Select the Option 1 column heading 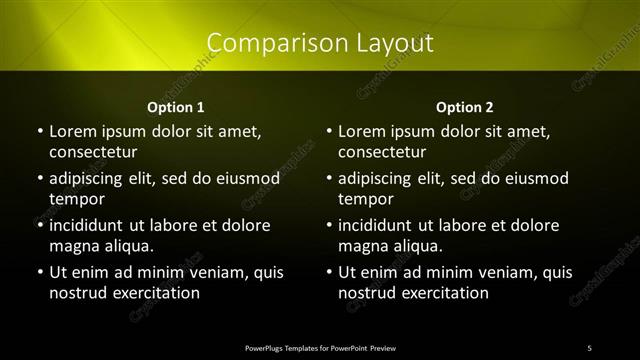pos(176,107)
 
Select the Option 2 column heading pos(465,107)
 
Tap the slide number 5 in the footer pos(589,347)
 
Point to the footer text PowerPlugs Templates pos(290,347)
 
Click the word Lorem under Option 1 pos(73,131)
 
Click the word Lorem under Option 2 pos(363,131)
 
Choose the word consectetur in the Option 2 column pos(382,152)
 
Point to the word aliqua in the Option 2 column pos(415,246)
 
